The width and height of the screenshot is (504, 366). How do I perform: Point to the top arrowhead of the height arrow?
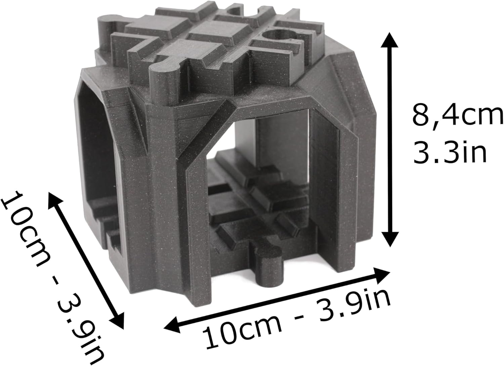tap(389, 40)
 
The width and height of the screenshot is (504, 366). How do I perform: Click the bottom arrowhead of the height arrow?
tap(389, 239)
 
